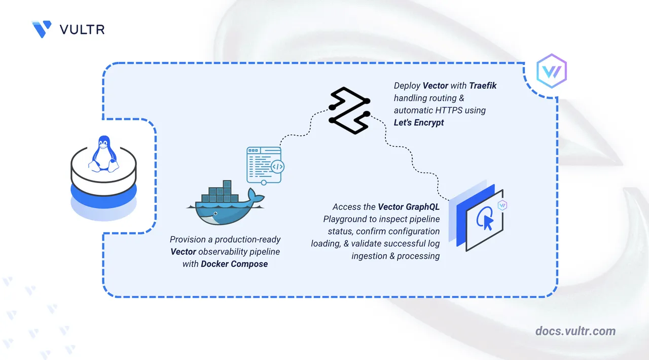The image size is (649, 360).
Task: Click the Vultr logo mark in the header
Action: [41, 29]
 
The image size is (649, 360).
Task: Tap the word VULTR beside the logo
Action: [82, 29]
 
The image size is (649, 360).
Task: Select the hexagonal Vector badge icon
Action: [551, 72]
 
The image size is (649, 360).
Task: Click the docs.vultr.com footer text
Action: [575, 331]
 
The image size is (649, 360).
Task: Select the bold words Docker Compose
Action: [234, 264]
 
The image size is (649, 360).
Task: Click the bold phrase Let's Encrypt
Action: [419, 122]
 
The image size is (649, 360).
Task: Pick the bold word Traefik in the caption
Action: [483, 86]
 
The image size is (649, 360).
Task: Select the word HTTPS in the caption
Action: [446, 110]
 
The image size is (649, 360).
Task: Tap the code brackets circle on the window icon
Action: [277, 166]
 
